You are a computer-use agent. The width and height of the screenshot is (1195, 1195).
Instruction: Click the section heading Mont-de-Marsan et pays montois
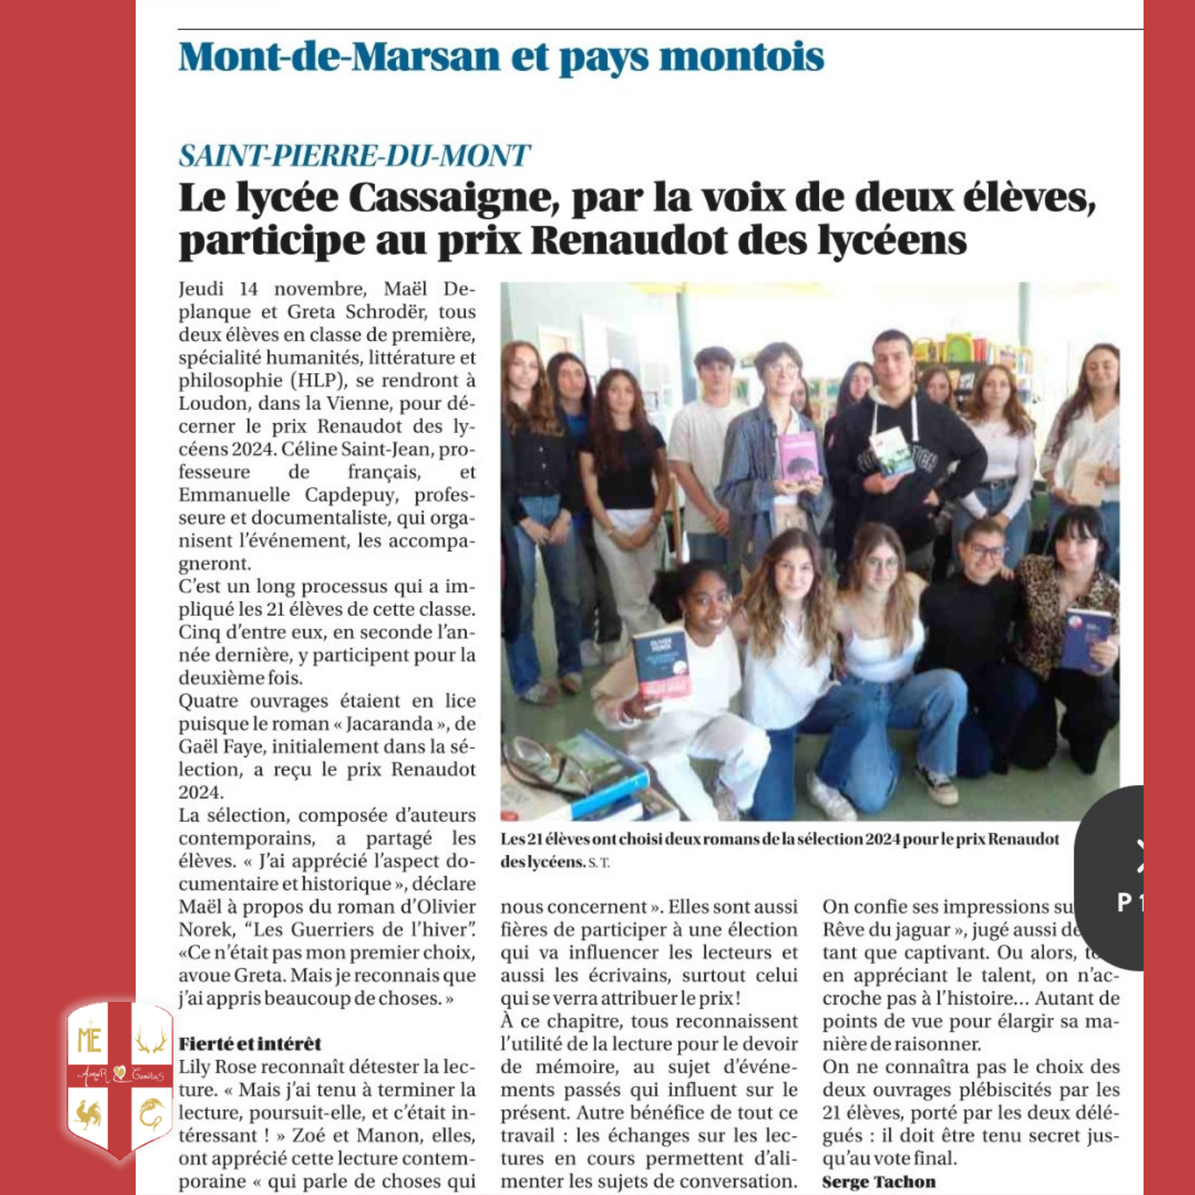coord(501,58)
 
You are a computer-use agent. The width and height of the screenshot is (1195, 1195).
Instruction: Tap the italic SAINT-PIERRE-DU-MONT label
coord(354,155)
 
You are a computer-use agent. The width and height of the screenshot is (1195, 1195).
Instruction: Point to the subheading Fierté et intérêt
coord(250,1044)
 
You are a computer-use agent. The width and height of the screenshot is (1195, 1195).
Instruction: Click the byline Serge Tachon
coord(878,1181)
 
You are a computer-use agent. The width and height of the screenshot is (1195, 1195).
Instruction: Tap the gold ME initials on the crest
coord(89,1041)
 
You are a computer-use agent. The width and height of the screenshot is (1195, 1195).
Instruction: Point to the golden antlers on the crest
coord(151,1041)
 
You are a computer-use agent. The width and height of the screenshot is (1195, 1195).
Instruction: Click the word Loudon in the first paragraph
coord(212,403)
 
